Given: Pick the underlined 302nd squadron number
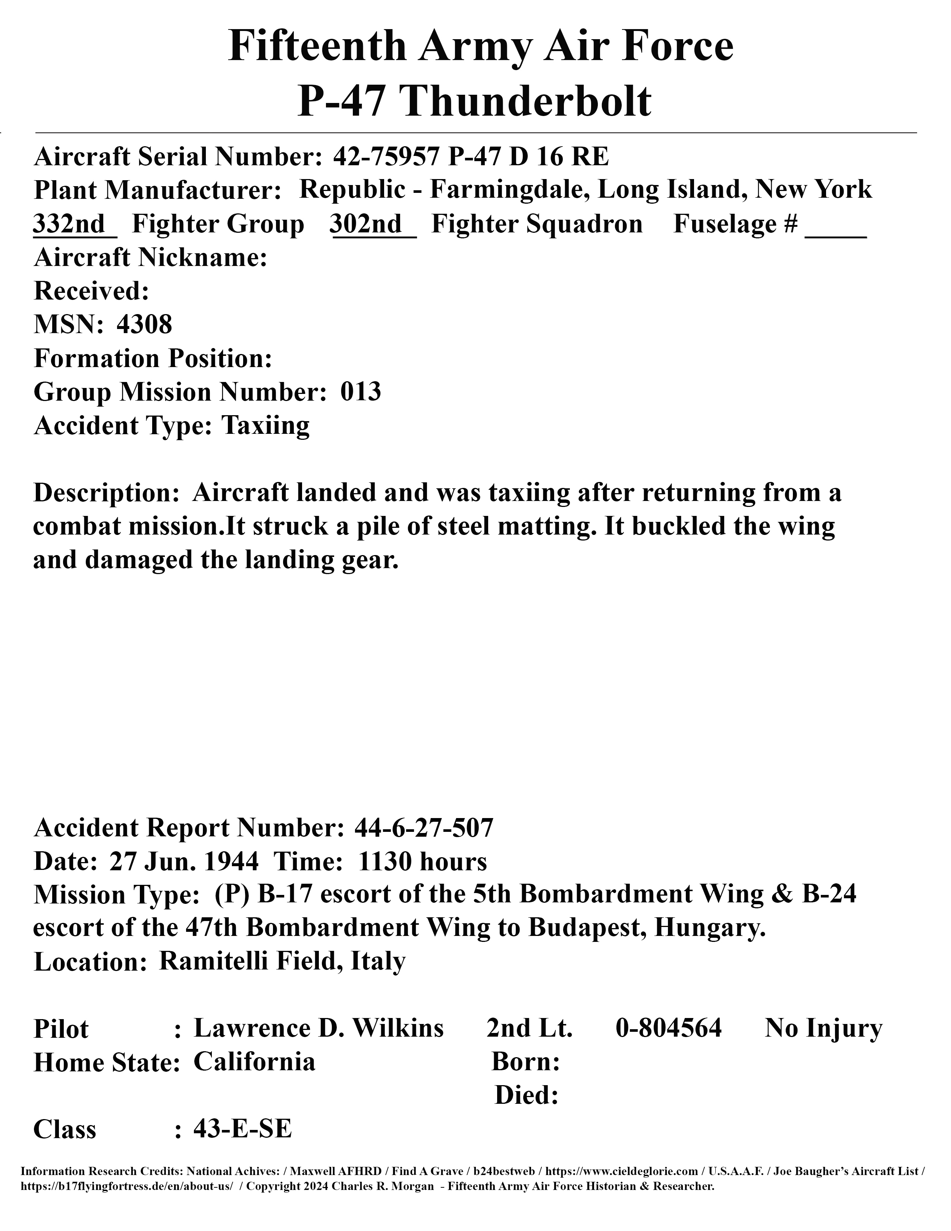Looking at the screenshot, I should click(x=366, y=224).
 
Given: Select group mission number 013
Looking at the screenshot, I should click(x=361, y=392).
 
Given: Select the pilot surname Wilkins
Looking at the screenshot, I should click(x=398, y=1029).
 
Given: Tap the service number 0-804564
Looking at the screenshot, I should click(x=668, y=1029).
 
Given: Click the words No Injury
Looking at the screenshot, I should click(x=823, y=1029).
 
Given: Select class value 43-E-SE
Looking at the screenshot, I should click(x=242, y=1129).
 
